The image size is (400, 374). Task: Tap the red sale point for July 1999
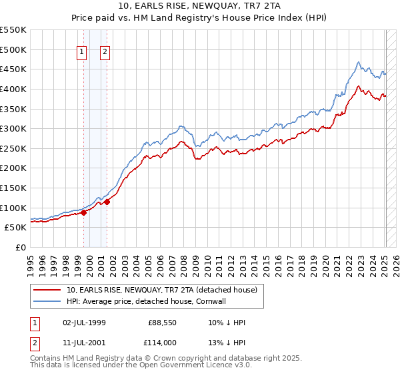tap(83, 212)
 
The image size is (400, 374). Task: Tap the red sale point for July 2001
tap(107, 202)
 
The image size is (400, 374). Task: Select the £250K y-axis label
tap(13, 148)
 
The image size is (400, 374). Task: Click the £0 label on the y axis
tap(21, 247)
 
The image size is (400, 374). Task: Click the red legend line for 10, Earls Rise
tap(48, 290)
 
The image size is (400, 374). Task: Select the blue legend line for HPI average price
tap(48, 301)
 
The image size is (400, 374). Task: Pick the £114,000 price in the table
tap(161, 343)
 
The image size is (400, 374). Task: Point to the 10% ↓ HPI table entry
tap(227, 323)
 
